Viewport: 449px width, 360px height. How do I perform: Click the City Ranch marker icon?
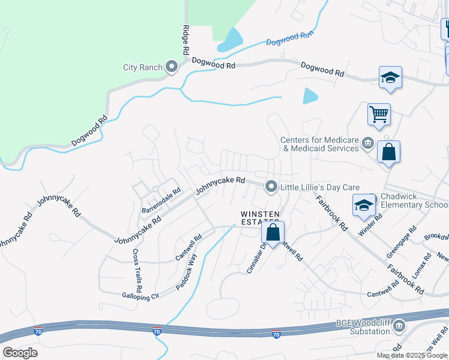172,67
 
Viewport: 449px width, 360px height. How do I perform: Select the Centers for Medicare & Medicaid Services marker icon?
368,144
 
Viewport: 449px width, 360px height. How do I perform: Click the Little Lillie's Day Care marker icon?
271,187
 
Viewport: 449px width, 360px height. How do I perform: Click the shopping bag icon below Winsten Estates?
273,232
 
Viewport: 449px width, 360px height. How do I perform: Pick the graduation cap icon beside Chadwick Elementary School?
364,205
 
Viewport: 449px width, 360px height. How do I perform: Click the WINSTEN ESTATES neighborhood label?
260,218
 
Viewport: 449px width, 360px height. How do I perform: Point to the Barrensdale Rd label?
161,202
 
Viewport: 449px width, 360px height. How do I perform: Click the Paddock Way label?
187,272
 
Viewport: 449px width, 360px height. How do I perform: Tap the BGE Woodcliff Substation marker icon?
399,326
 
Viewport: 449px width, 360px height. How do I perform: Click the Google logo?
20,353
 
